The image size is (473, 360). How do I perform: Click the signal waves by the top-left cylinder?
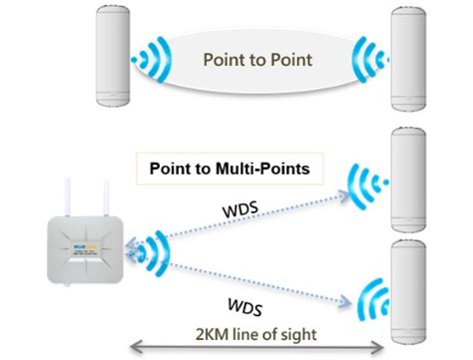pos(153,60)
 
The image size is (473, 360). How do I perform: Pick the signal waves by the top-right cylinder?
pos(367,60)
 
